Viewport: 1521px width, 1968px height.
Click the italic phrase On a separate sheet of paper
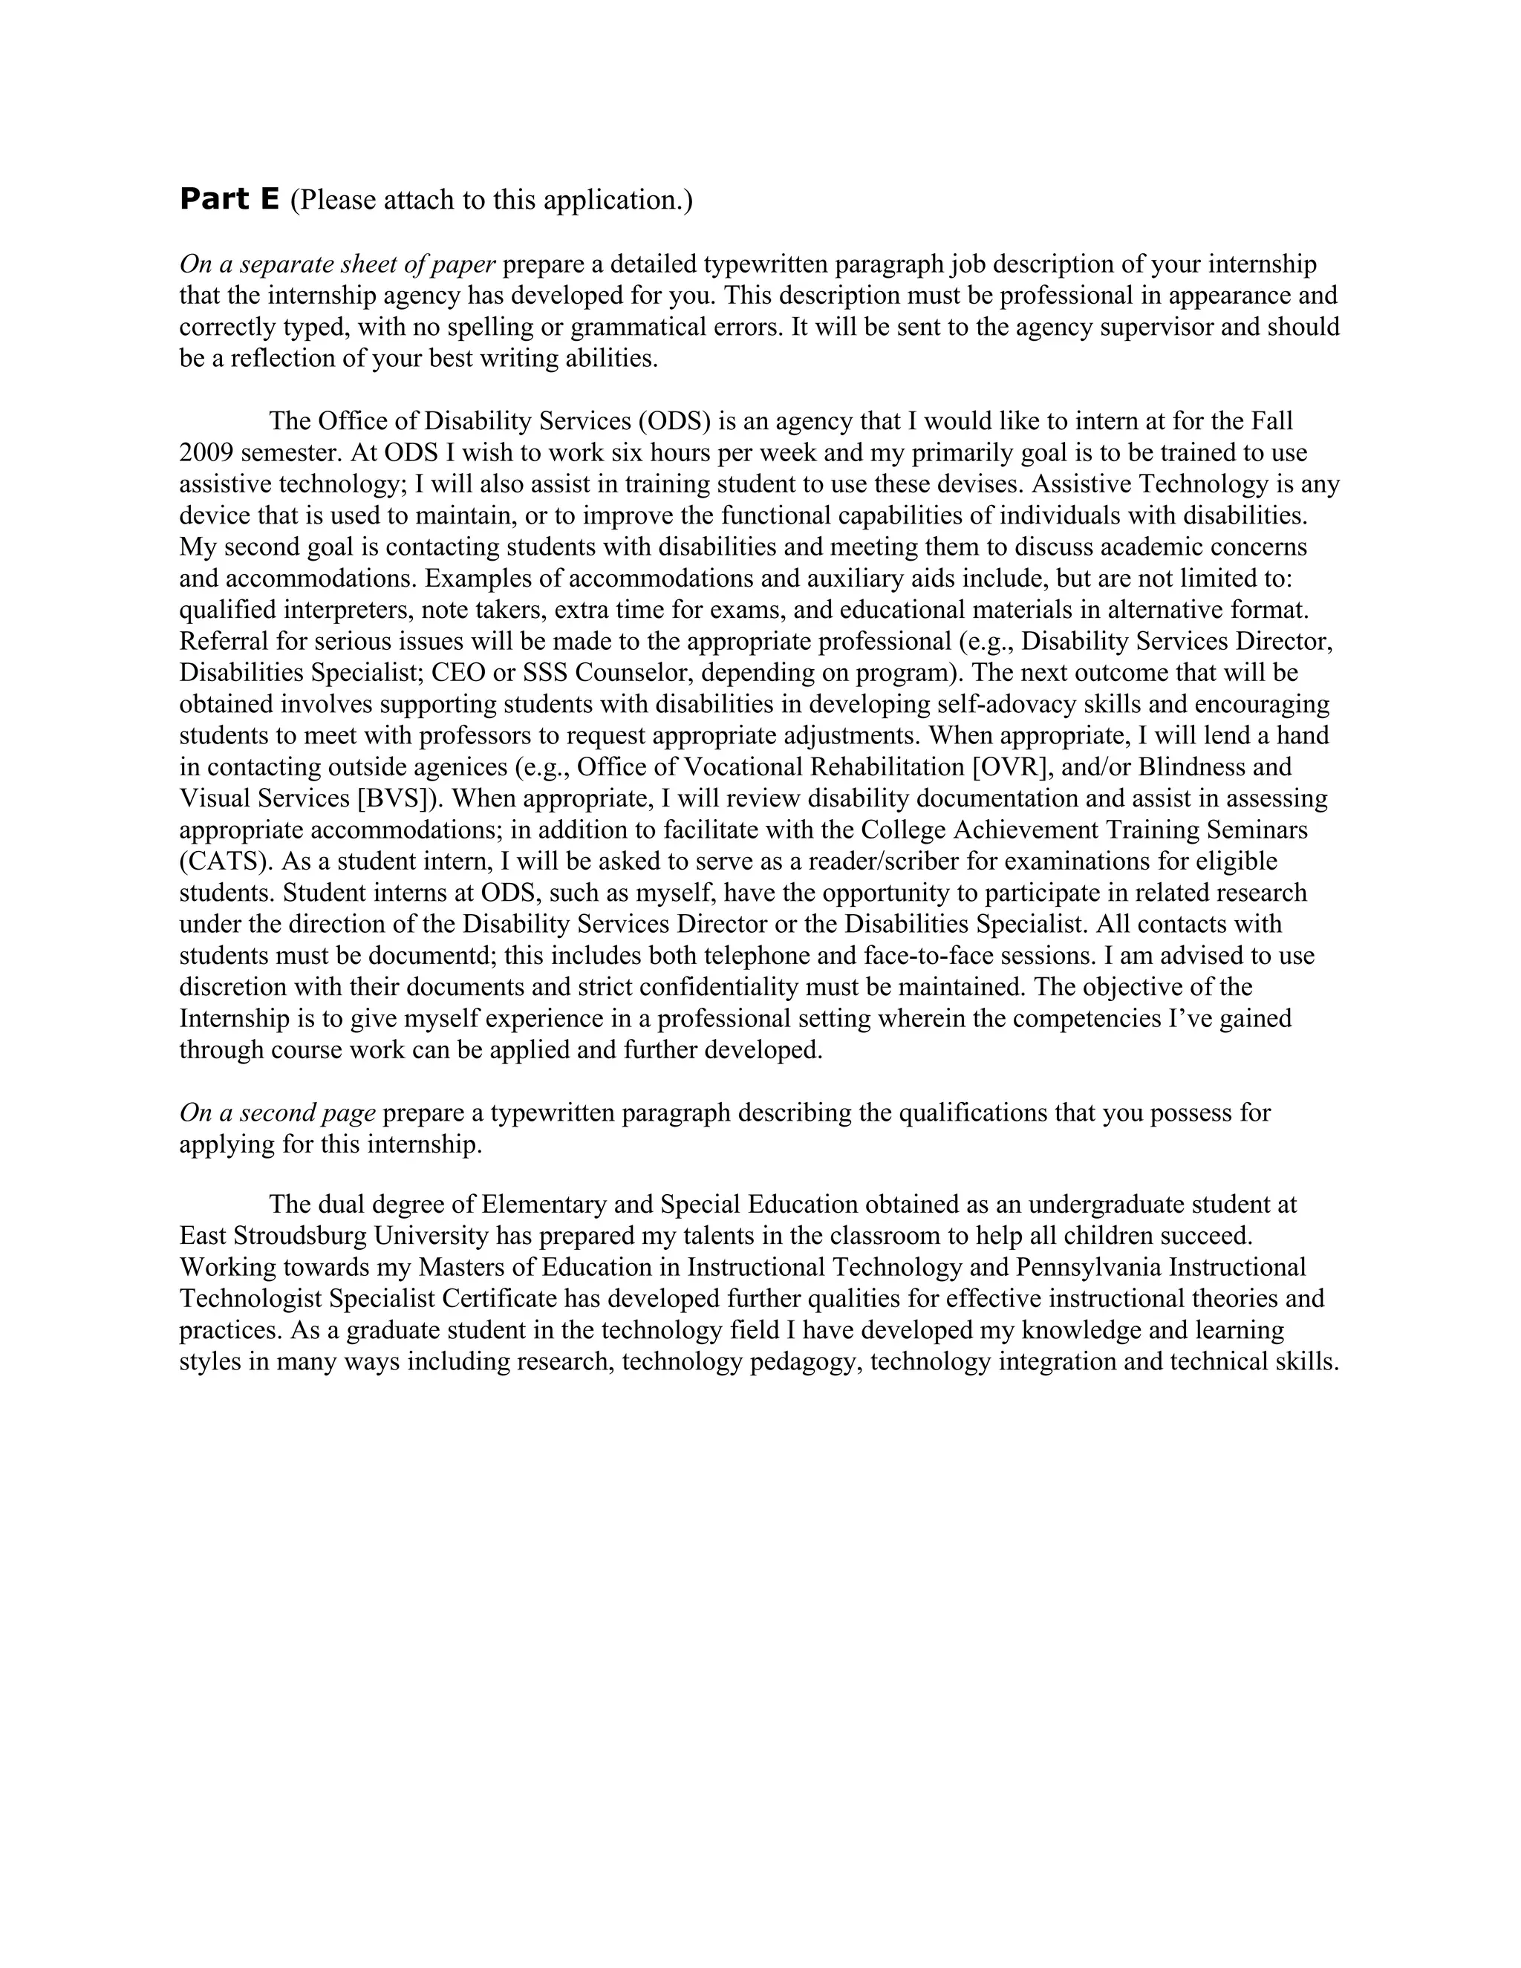pos(338,264)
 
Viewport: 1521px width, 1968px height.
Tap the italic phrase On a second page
pos(278,1113)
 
